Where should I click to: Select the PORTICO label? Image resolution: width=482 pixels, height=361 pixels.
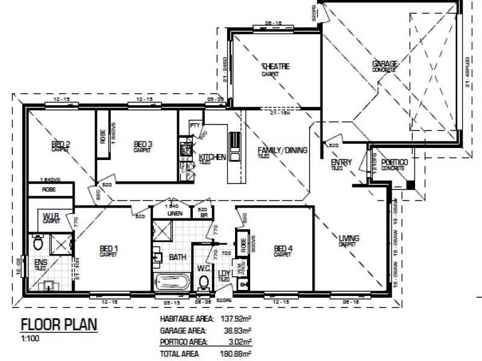tap(395, 163)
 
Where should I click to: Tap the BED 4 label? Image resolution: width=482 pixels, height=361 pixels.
tap(283, 248)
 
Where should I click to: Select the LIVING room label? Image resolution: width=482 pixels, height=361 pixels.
tap(349, 239)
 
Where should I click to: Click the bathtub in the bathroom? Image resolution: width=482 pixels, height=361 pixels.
tap(172, 281)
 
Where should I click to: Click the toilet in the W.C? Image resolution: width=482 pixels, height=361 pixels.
tap(203, 282)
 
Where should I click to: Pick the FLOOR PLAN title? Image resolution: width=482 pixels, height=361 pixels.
tap(58, 326)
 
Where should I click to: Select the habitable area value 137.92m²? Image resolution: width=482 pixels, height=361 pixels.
tap(238, 319)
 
